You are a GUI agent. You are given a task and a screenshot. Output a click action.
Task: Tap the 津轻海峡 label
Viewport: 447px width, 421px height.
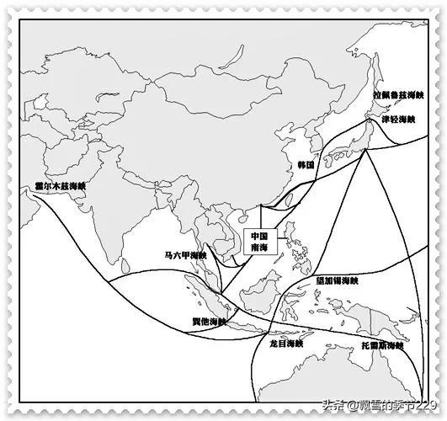(x=397, y=120)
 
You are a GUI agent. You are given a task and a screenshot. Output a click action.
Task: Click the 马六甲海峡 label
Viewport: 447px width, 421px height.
(x=185, y=254)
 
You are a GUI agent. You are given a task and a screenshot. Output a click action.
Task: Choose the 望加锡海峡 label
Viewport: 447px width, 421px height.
(x=336, y=280)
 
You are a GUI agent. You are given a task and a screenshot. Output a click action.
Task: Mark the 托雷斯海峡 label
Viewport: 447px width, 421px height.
(x=380, y=345)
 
